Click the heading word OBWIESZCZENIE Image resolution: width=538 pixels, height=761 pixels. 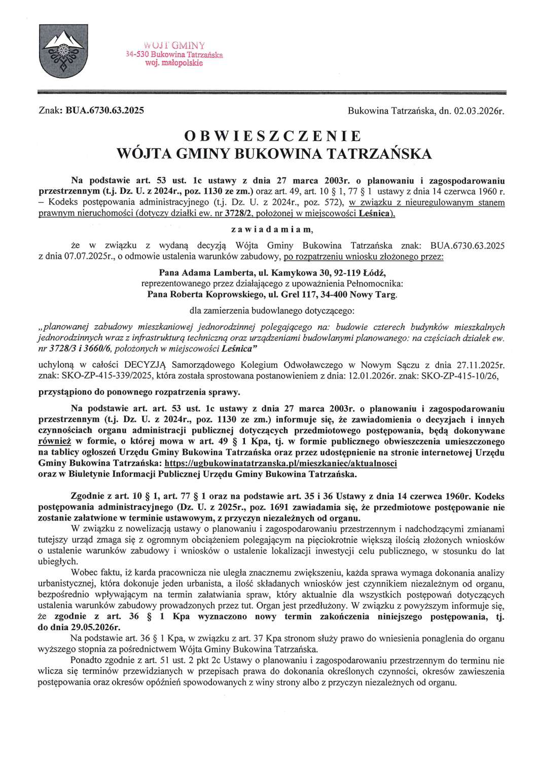pos(273,136)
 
